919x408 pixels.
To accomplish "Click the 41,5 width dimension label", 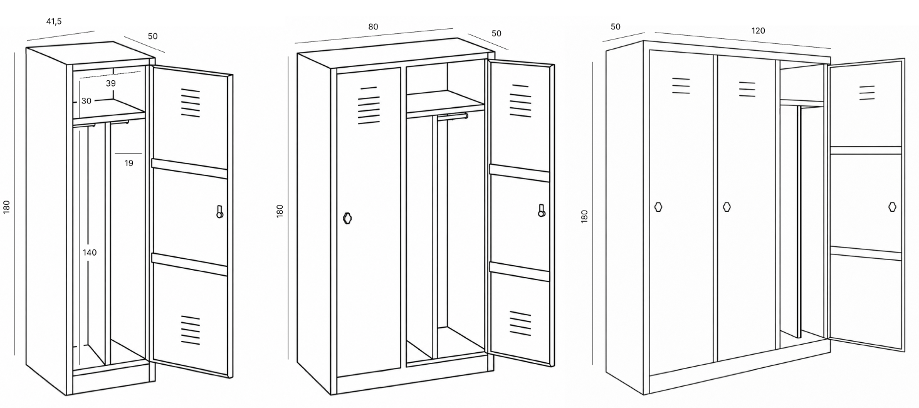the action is pyautogui.click(x=54, y=21).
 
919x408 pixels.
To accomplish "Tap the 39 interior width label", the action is pyautogui.click(x=111, y=83).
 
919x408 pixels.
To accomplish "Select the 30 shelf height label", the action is pyautogui.click(x=86, y=101).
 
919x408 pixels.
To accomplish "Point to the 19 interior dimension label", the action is pyautogui.click(x=129, y=163).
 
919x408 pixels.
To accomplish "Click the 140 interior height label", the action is pyautogui.click(x=90, y=253).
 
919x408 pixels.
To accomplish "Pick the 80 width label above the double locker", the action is pyautogui.click(x=373, y=27).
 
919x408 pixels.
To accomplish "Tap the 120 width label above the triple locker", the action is pyautogui.click(x=758, y=31).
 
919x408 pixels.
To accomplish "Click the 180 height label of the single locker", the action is pyautogui.click(x=6, y=207).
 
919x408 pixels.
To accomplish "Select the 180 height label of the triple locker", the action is pyautogui.click(x=584, y=216).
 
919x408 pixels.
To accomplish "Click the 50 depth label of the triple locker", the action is pyautogui.click(x=616, y=27).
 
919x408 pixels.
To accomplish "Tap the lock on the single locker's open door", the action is pyautogui.click(x=220, y=212).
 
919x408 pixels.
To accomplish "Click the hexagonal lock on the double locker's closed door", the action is pyautogui.click(x=347, y=218).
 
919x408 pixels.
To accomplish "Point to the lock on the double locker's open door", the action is pyautogui.click(x=542, y=211).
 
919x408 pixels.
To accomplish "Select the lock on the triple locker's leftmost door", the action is pyautogui.click(x=658, y=207).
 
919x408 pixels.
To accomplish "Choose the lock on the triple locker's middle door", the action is pyautogui.click(x=727, y=207).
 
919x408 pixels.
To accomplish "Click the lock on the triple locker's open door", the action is pyautogui.click(x=892, y=207).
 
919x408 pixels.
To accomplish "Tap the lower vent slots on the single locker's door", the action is pyautogui.click(x=191, y=330).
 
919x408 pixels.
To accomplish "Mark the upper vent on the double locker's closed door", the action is pyautogui.click(x=369, y=105).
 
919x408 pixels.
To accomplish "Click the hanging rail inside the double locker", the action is pyautogui.click(x=453, y=117).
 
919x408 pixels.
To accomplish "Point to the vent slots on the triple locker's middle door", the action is pyautogui.click(x=747, y=90).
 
